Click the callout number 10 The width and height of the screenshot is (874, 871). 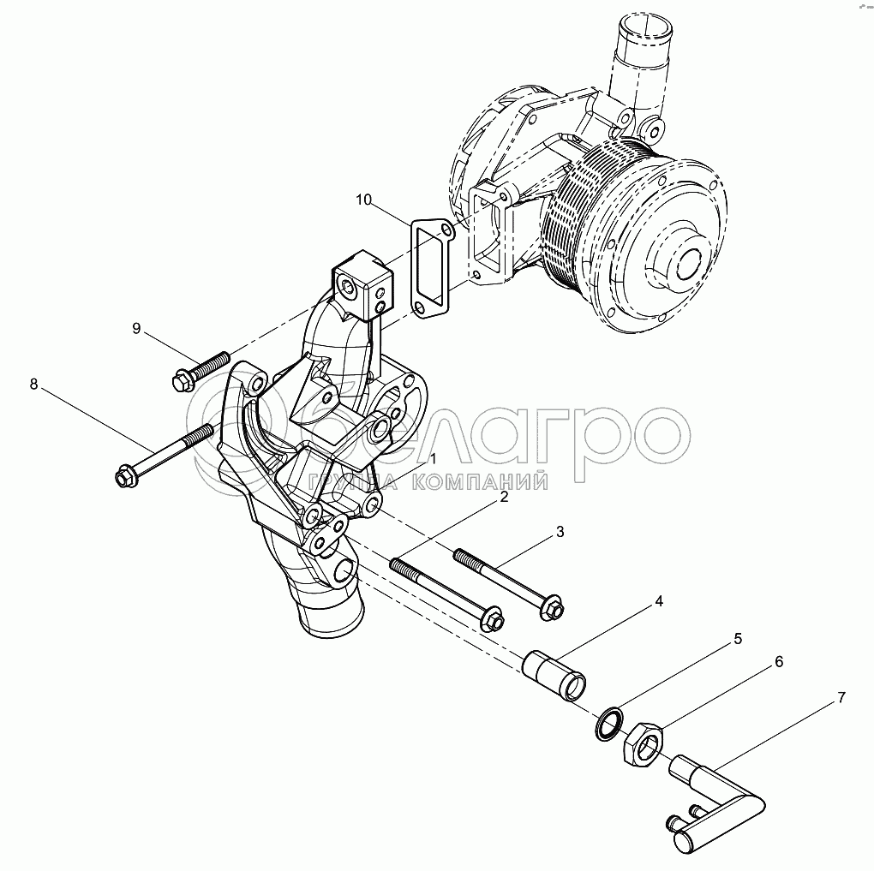pyautogui.click(x=363, y=200)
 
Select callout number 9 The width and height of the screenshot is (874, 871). pyautogui.click(x=136, y=328)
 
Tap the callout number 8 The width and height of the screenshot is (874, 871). pyautogui.click(x=34, y=384)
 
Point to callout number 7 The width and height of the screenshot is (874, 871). pyautogui.click(x=841, y=697)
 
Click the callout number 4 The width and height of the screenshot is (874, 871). pyautogui.click(x=660, y=601)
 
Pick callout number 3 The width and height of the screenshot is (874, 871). pyautogui.click(x=560, y=532)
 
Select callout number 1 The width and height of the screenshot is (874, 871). pyautogui.click(x=433, y=458)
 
